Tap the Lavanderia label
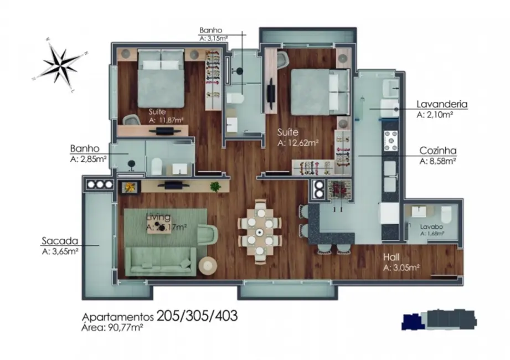coord(442,104)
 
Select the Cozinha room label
coord(437,151)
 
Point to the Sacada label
coord(59,241)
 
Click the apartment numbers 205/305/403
coord(197,316)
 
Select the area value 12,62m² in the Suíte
coord(298,143)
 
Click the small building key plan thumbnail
coord(438,320)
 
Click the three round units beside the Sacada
coord(98,184)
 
